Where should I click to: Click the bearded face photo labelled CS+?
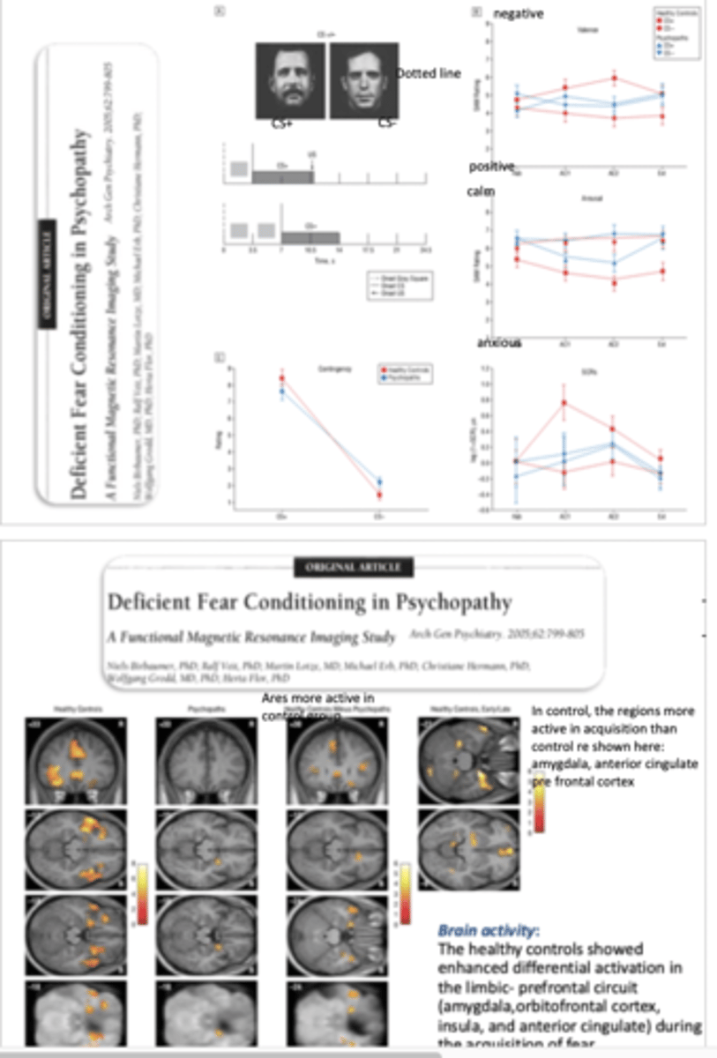(x=291, y=81)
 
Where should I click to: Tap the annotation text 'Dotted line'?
(x=429, y=73)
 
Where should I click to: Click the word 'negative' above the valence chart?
(x=519, y=13)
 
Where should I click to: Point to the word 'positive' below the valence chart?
(x=491, y=167)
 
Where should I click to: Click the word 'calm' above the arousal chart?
(x=481, y=191)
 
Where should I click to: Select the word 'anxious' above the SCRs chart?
(x=499, y=342)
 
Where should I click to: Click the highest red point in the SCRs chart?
(x=564, y=403)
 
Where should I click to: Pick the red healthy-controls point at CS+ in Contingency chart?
(x=282, y=378)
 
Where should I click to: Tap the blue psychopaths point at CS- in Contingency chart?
(x=380, y=481)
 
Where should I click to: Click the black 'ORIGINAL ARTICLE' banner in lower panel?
(x=353, y=567)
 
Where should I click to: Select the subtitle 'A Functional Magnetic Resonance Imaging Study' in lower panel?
(x=254, y=635)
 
